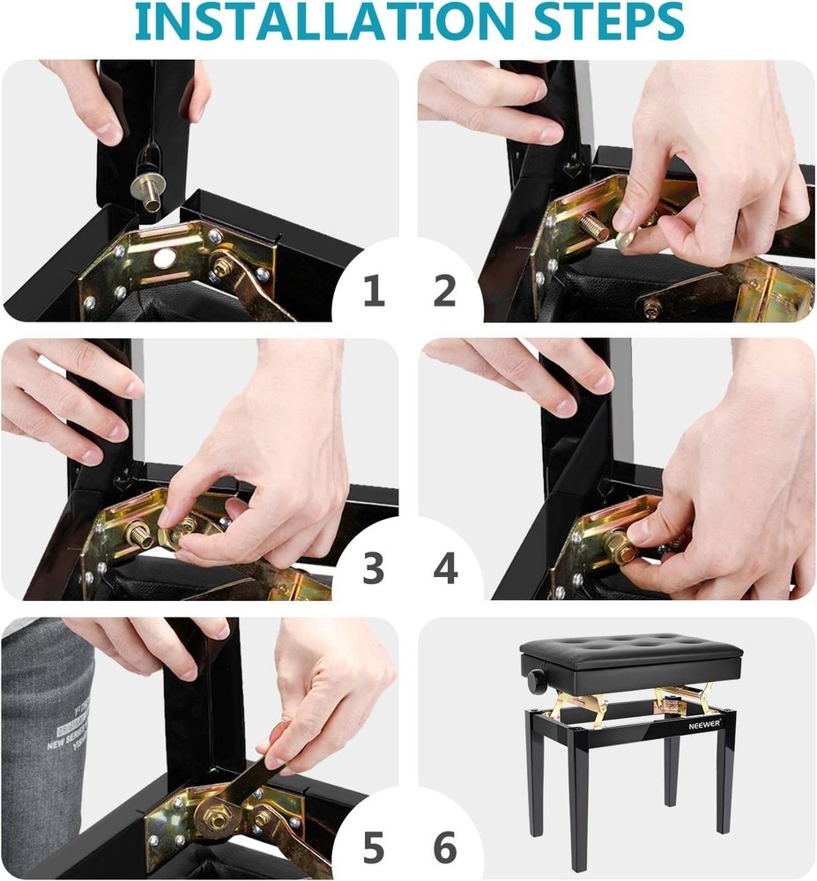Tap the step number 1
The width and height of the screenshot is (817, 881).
coord(374,292)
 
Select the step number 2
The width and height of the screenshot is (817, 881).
coord(445,292)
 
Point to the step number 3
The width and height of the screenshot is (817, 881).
coord(374,569)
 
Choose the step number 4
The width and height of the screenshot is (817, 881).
coord(445,569)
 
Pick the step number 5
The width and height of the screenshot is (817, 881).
coord(374,848)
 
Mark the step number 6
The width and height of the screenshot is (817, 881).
coord(445,848)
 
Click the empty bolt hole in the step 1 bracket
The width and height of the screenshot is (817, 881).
coord(162,259)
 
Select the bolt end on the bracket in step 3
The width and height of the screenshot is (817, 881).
coord(139,535)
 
